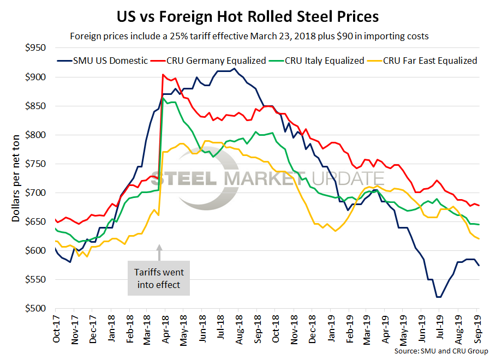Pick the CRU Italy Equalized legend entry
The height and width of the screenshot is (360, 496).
coord(324,61)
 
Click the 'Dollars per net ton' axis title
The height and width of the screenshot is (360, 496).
coord(17,178)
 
